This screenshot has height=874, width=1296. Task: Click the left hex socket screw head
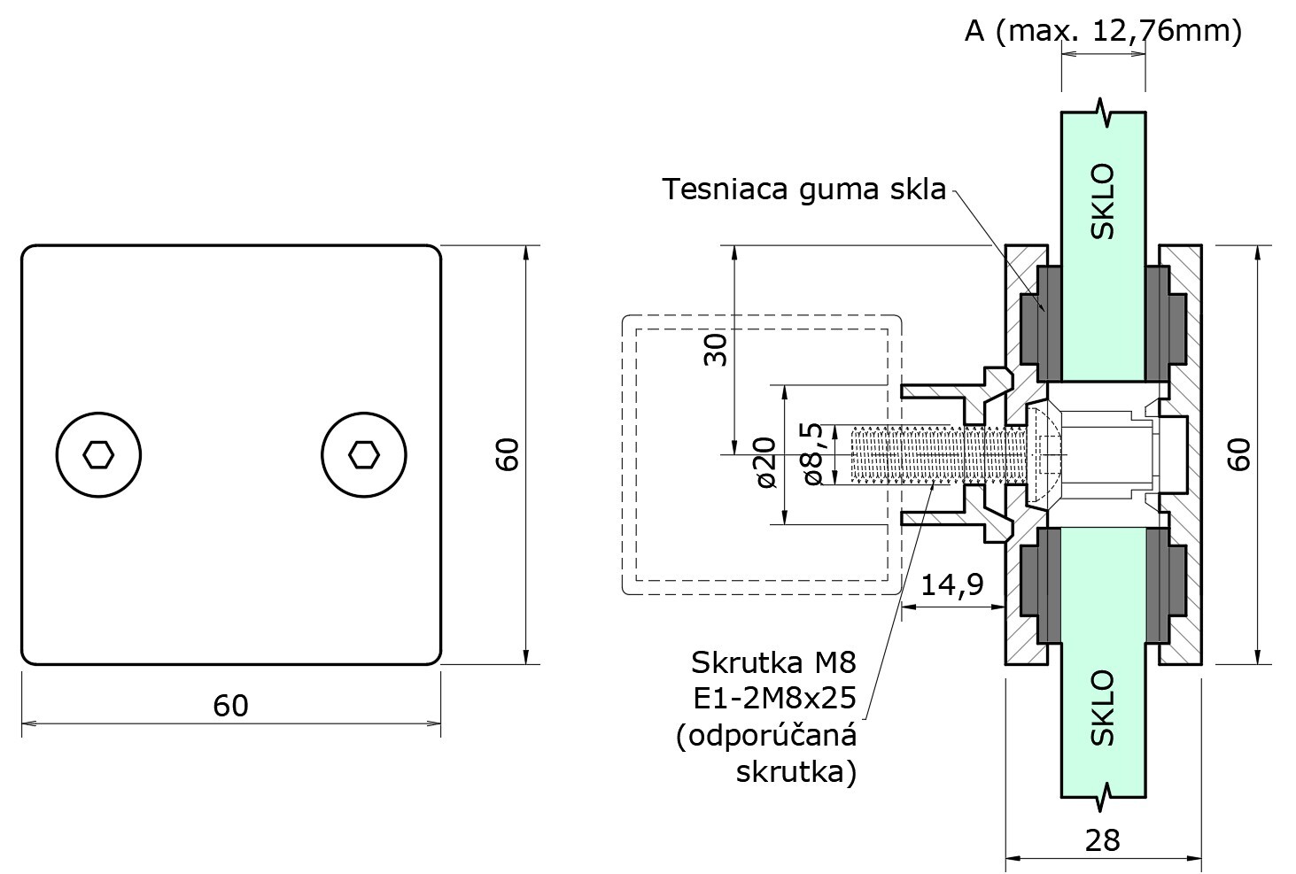98,455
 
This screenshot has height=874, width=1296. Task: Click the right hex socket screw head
363,455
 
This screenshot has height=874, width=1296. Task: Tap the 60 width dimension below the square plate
230,706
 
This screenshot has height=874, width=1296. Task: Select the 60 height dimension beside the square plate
507,454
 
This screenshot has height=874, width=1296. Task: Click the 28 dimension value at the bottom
1103,839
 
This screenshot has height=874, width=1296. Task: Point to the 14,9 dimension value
952,585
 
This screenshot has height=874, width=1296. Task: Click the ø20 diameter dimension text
766,463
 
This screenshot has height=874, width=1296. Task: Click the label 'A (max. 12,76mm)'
1103,32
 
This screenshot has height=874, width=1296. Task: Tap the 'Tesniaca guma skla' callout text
804,189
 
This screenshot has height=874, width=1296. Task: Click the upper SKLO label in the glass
1103,202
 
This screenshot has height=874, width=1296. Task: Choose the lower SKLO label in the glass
1103,708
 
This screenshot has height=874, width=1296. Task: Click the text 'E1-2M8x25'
774,699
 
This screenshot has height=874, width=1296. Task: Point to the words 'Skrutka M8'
774,661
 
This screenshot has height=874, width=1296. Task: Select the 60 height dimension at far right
1240,454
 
